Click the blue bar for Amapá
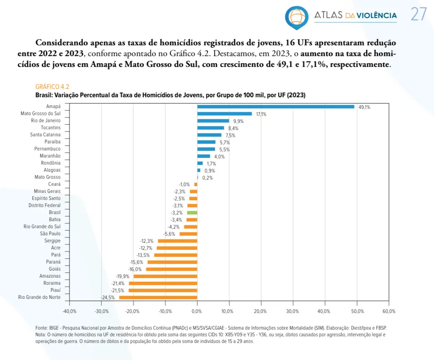pyautogui.click(x=275, y=106)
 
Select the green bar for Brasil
pyautogui.click(x=192, y=212)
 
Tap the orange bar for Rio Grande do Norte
pyautogui.click(x=158, y=297)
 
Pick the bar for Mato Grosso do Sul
pyautogui.click(x=224, y=113)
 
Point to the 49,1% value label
pyautogui.click(x=364, y=107)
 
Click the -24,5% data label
pyautogui.click(x=108, y=298)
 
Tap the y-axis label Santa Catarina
pyautogui.click(x=45, y=135)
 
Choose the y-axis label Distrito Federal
pyautogui.click(x=45, y=205)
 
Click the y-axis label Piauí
pyautogui.click(x=54, y=290)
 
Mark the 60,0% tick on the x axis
pyautogui.click(x=389, y=311)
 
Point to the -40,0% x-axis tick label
pyautogui.click(x=69, y=311)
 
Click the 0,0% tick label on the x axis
pyautogui.click(x=197, y=311)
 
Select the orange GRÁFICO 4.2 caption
pyautogui.click(x=52, y=86)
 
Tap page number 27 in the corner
pyautogui.click(x=419, y=15)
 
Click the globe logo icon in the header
pyautogui.click(x=297, y=16)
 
